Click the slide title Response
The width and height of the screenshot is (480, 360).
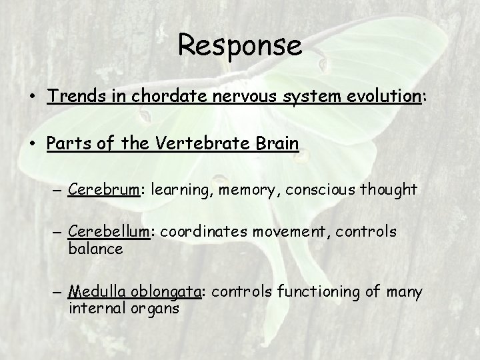coord(240,46)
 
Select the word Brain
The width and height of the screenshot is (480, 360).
coord(273,144)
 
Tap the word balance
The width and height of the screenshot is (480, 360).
coord(95,249)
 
